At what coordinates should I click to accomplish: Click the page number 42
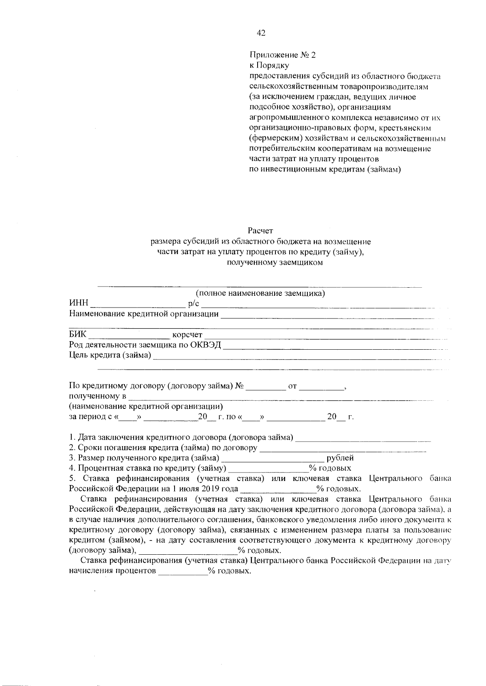(x=261, y=34)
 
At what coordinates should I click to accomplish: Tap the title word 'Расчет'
(x=261, y=231)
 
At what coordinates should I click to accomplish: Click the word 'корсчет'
(x=187, y=335)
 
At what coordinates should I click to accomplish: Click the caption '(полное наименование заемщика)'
(x=260, y=294)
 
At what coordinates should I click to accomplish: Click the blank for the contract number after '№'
(x=266, y=387)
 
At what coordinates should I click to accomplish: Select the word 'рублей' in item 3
(x=340, y=458)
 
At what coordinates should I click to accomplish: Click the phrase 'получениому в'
(x=98, y=396)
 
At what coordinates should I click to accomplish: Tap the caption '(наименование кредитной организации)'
(x=146, y=406)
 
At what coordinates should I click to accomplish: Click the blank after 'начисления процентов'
(x=183, y=572)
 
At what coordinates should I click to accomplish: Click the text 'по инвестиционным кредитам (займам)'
(x=324, y=170)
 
